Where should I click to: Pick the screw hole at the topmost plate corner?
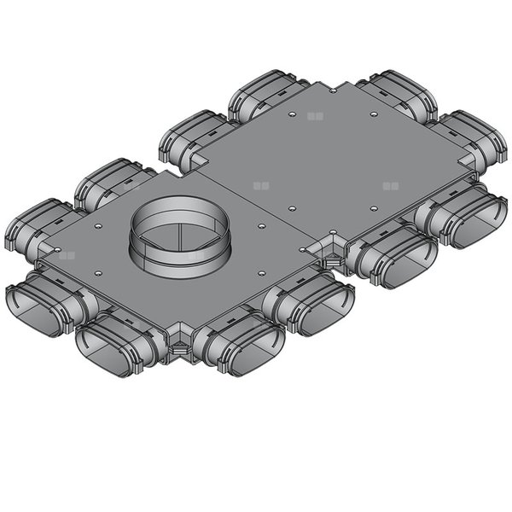331,87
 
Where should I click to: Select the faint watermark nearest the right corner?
391,184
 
